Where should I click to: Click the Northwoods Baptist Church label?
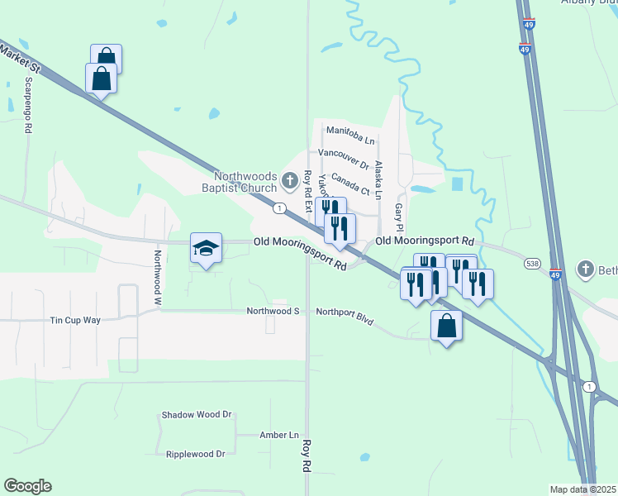[245, 182]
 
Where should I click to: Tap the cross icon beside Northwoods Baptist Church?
[290, 179]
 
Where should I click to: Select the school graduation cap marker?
[206, 247]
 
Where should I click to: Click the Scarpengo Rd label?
[28, 106]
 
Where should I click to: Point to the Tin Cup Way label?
[75, 320]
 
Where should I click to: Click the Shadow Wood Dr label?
[196, 415]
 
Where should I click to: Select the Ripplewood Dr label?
[196, 454]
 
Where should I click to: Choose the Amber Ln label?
[279, 435]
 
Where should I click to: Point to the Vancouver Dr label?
[344, 154]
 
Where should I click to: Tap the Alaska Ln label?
[378, 179]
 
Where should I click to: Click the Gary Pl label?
[398, 217]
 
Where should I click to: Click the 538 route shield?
[532, 263]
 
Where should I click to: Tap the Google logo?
[27, 486]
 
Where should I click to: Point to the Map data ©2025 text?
[583, 489]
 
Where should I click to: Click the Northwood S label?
[273, 312]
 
